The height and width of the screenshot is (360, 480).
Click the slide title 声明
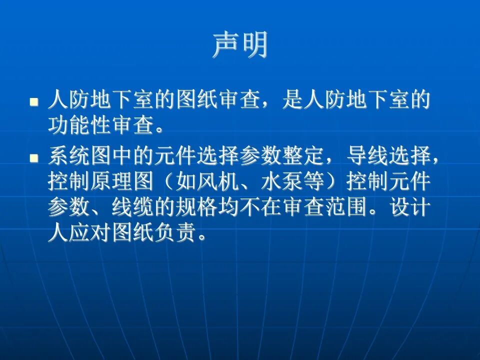coord(240,45)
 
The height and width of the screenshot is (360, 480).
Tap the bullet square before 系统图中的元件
coord(34,158)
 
